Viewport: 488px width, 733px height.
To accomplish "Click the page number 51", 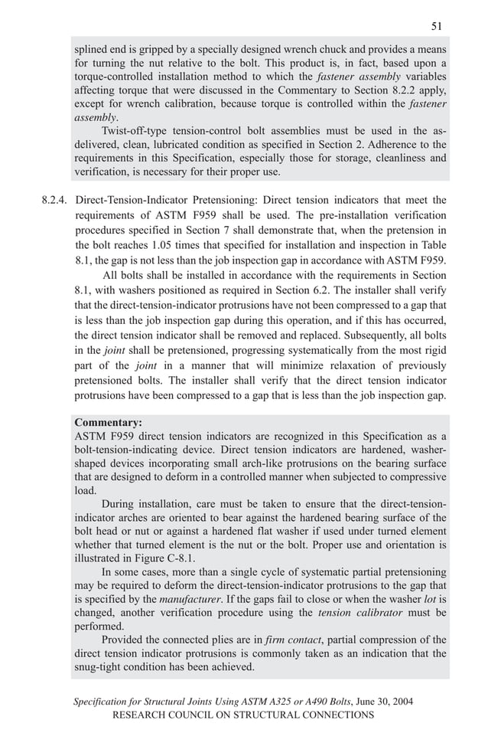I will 436,25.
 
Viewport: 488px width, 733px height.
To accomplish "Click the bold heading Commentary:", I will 108,422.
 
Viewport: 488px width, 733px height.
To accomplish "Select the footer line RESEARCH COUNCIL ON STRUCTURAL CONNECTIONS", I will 243,715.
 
